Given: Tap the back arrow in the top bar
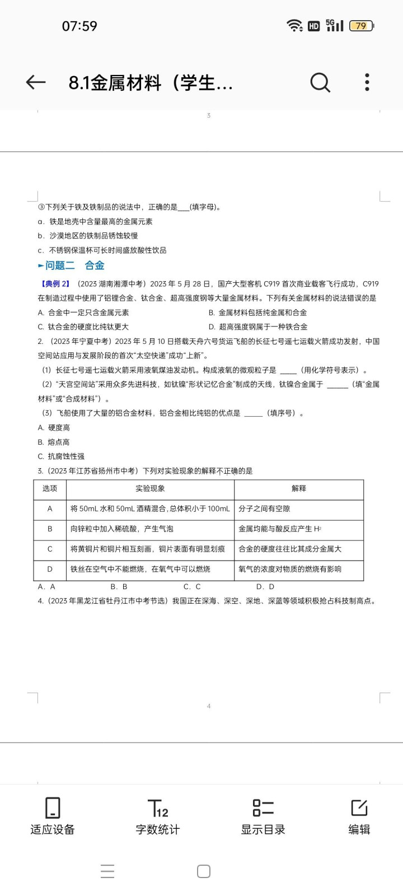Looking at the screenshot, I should pos(35,82).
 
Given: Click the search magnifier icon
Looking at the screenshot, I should pos(320,82).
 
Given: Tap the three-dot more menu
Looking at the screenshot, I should pos(367,82).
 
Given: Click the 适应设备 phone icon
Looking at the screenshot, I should pos(53,808).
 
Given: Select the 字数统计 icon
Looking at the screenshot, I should pos(158,808).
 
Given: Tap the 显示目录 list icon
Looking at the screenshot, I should pos(263,808).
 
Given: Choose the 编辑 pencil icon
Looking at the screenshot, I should pos(359,808).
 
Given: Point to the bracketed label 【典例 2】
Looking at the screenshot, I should pos(56,284).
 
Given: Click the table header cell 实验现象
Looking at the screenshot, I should pos(150,488).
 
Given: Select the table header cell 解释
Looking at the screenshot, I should pos(299,488).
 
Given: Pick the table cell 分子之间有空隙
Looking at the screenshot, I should pos(264,508).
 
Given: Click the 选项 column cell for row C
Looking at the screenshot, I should pos(50,549).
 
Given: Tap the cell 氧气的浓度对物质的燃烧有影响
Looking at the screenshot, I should pos(290,569).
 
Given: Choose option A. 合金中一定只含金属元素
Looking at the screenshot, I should pos(83,312).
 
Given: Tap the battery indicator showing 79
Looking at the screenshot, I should pos(361,26).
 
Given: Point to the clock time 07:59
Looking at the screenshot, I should pos(79,26).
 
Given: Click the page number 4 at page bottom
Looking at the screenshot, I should pos(209,706).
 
